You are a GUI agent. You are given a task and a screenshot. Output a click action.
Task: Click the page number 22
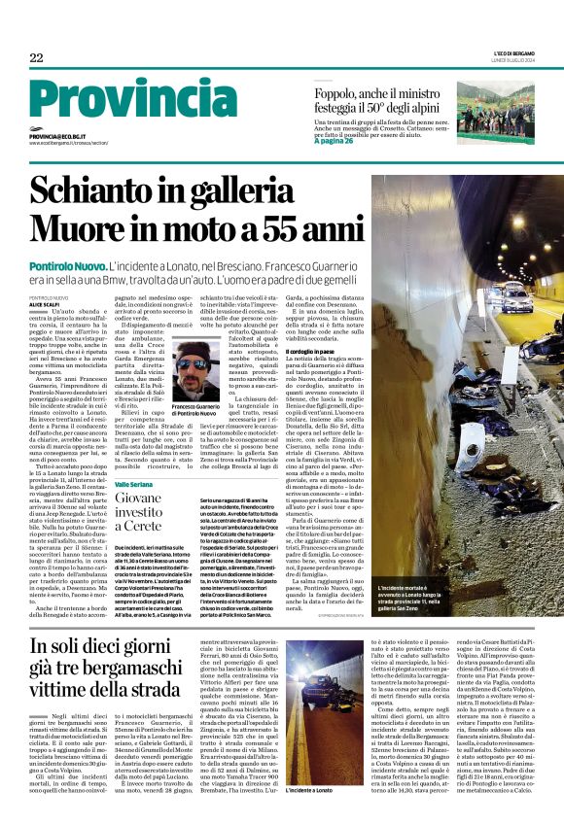(x=36, y=57)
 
